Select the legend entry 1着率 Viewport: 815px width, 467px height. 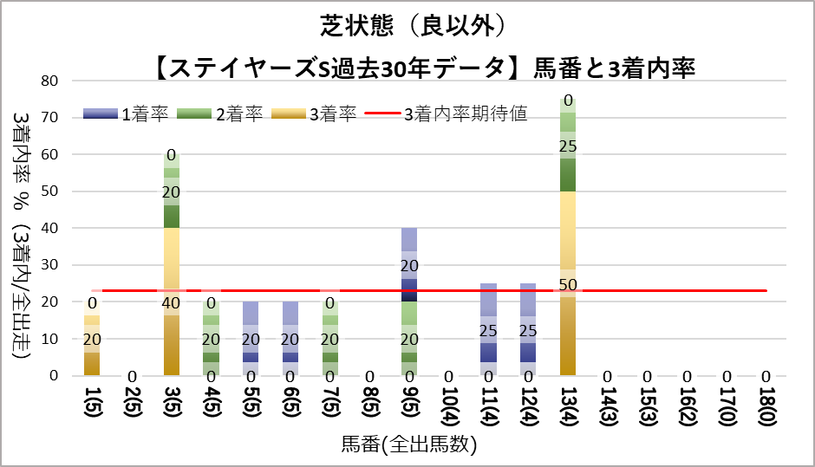pyautogui.click(x=121, y=114)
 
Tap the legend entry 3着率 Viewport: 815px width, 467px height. pyautogui.click(x=311, y=114)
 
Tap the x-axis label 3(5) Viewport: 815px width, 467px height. pyautogui.click(x=172, y=405)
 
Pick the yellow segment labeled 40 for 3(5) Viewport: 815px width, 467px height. pyautogui.click(x=172, y=302)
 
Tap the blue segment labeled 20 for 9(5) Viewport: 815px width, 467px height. pyautogui.click(x=410, y=265)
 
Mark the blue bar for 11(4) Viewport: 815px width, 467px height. pyautogui.click(x=489, y=330)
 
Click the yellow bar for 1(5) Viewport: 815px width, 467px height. pyautogui.click(x=93, y=339)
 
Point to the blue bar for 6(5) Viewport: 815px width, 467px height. pyautogui.click(x=291, y=339)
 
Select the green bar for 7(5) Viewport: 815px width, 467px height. pyautogui.click(x=330, y=339)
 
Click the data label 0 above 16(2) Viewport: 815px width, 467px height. pyautogui.click(x=688, y=377)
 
